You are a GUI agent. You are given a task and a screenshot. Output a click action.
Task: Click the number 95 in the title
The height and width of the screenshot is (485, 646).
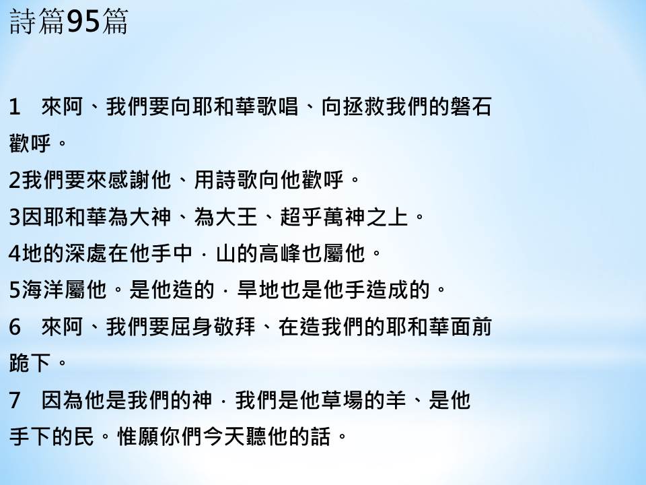click(x=83, y=22)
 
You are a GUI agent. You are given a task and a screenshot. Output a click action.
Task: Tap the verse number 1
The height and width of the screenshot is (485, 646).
click(x=14, y=107)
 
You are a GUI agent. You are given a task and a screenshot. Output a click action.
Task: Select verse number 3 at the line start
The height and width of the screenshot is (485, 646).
click(x=14, y=217)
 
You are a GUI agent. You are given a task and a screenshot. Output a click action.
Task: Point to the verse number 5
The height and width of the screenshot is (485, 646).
click(x=14, y=290)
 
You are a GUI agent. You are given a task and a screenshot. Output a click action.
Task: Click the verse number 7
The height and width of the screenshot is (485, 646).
click(x=14, y=400)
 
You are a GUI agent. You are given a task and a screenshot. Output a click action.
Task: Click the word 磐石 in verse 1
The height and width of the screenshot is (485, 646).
click(x=470, y=106)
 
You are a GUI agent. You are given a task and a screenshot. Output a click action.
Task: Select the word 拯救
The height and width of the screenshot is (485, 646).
click(x=364, y=106)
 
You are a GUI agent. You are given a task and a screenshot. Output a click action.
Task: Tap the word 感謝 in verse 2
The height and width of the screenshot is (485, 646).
click(x=128, y=180)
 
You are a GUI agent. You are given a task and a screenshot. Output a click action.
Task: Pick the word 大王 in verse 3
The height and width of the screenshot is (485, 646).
click(x=236, y=217)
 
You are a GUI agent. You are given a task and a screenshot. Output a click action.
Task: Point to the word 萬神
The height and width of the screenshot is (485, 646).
click(x=343, y=217)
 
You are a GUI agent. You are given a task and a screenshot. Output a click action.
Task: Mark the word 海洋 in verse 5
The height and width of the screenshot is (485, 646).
click(x=42, y=290)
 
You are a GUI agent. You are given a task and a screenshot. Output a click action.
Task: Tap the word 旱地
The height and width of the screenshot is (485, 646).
click(x=258, y=290)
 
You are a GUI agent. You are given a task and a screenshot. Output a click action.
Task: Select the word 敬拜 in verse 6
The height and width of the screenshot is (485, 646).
click(x=236, y=327)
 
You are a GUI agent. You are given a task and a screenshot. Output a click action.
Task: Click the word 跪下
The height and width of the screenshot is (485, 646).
click(x=30, y=363)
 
